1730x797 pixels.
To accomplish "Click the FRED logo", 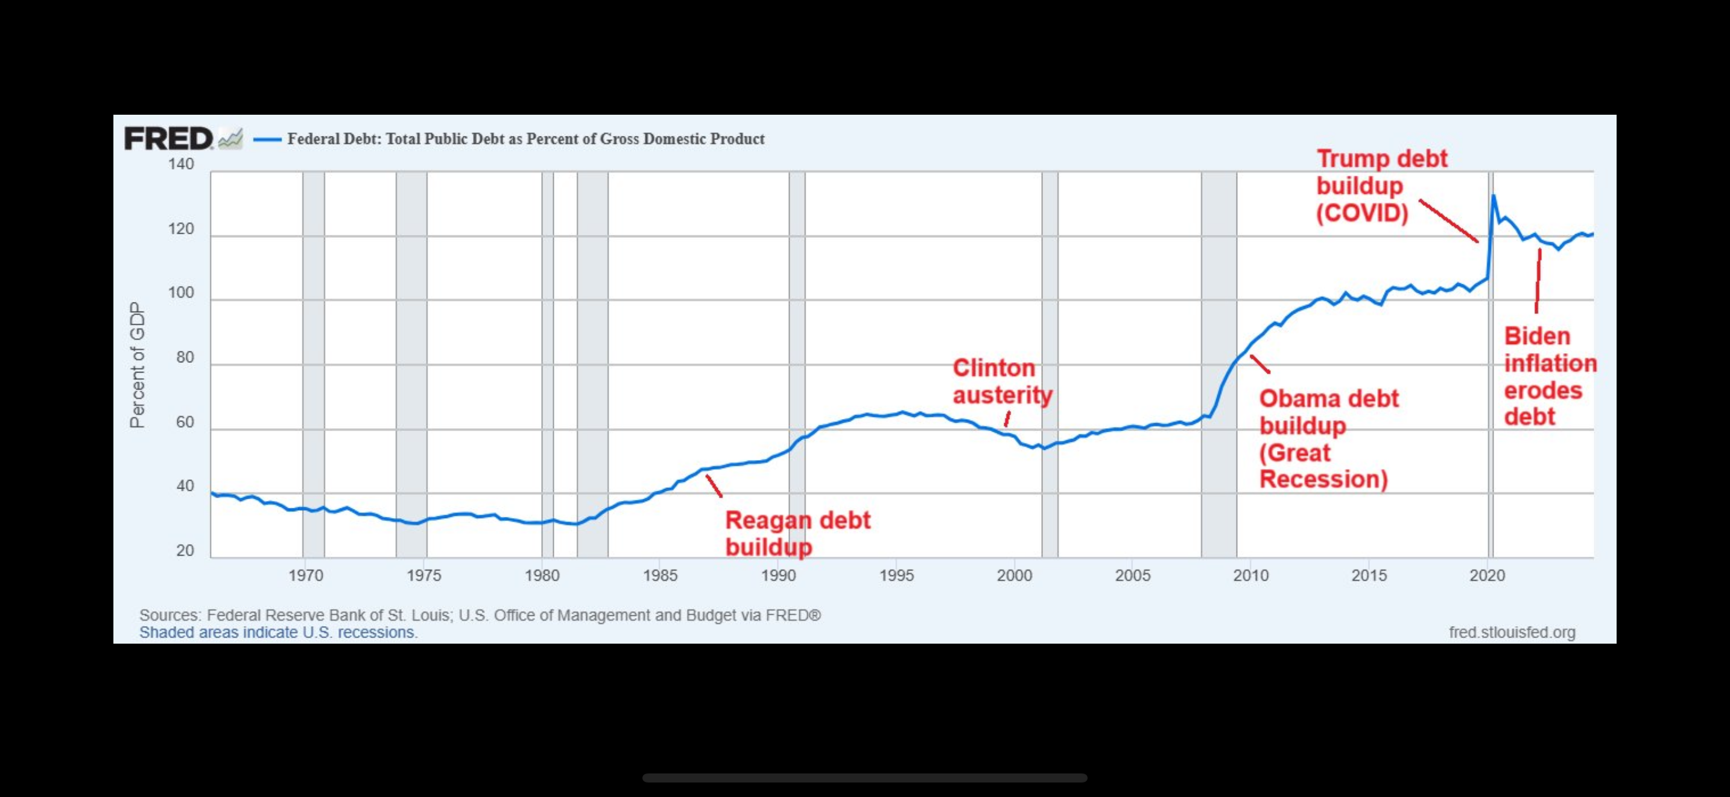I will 168,139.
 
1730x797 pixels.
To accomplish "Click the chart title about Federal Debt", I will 525,139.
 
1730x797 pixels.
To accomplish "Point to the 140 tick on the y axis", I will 180,164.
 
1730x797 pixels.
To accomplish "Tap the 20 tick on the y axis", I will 185,551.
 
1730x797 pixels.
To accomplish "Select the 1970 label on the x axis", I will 306,575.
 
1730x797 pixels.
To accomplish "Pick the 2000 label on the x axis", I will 1014,575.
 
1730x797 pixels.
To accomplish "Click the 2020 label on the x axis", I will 1487,575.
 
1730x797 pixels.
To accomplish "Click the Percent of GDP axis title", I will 137,365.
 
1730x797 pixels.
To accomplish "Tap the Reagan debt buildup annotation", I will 797,533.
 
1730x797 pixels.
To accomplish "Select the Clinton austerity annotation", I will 1002,381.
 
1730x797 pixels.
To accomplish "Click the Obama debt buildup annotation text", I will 1327,438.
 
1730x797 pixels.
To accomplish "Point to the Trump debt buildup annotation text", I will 1381,185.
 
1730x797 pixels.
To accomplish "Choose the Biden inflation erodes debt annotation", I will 1548,376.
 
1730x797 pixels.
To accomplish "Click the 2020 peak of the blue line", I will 1493,196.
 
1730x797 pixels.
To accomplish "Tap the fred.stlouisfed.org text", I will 1512,632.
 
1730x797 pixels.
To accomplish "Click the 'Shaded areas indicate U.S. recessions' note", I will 278,632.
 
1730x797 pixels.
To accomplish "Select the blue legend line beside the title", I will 267,140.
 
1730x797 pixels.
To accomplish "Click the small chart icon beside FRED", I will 230,139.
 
